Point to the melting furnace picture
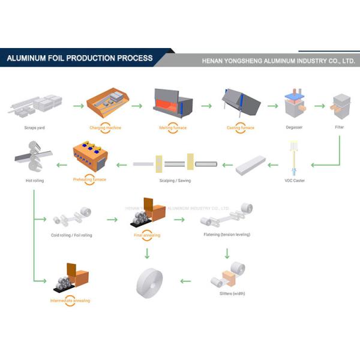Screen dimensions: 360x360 pyautogui.click(x=173, y=103)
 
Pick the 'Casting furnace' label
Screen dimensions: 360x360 pyautogui.click(x=240, y=127)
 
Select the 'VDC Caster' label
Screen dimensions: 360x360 pyautogui.click(x=295, y=180)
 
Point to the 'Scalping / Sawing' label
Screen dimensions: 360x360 pyautogui.click(x=176, y=180)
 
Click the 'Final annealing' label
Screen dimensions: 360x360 pyautogui.click(x=147, y=235)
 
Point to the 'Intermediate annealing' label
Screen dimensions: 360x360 pyautogui.click(x=71, y=300)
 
